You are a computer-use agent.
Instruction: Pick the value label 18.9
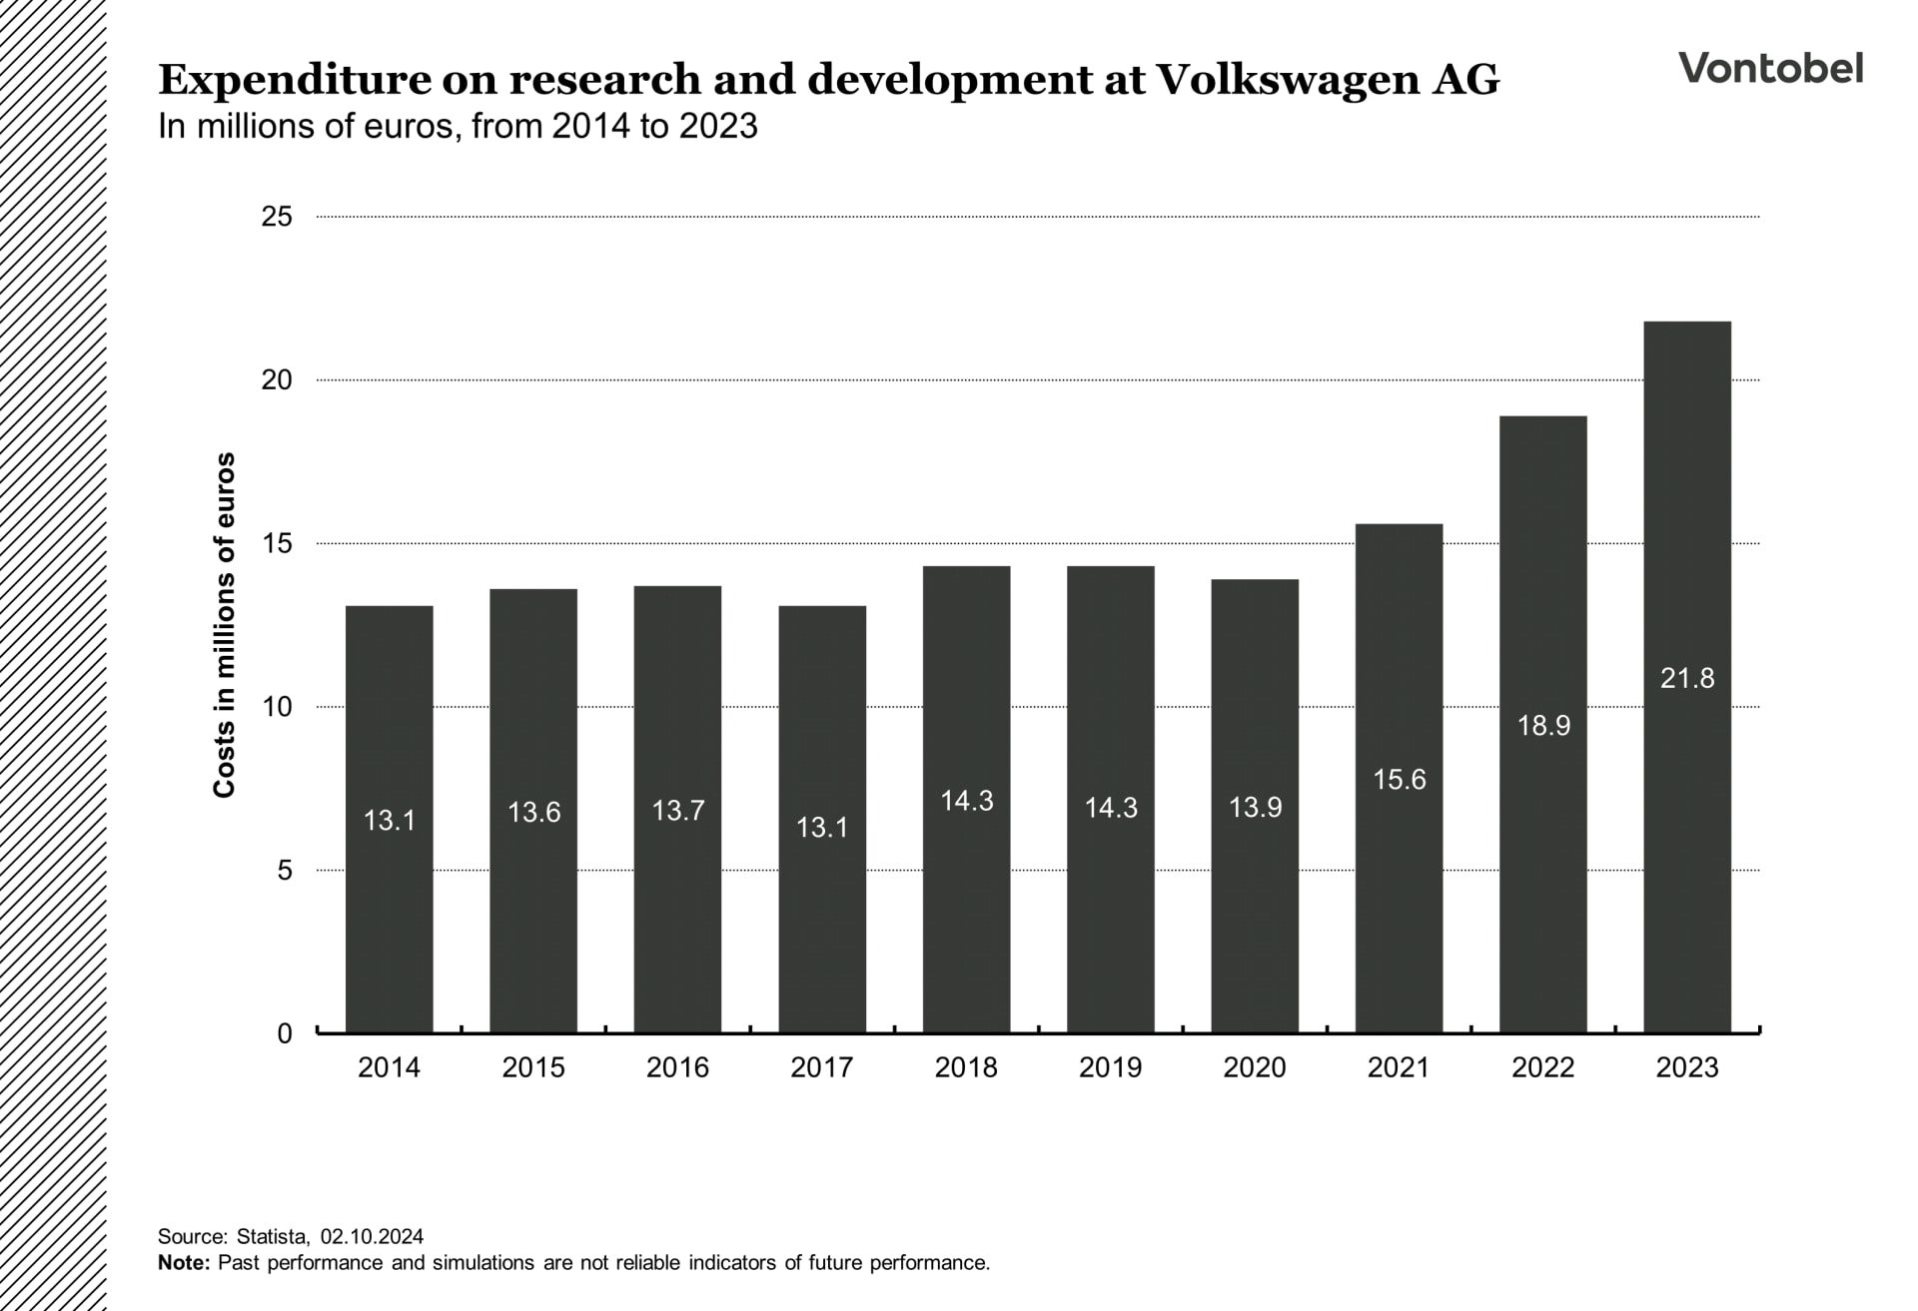[1543, 726]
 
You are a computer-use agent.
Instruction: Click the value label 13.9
[1255, 808]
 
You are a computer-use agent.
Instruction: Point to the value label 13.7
[678, 811]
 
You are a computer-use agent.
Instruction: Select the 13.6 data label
[533, 813]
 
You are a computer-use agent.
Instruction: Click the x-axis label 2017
[821, 1067]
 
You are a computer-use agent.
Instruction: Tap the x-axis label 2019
[1110, 1067]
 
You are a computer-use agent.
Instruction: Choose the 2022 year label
[1542, 1067]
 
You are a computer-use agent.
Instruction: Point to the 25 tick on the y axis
[277, 217]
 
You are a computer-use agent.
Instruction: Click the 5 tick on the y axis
[285, 871]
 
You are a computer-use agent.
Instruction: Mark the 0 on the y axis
[285, 1033]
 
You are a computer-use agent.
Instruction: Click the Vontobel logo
[1770, 68]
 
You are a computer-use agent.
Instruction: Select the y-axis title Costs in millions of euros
[224, 625]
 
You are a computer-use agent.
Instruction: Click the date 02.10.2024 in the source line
[372, 1236]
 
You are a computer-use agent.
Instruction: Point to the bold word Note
[184, 1262]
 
